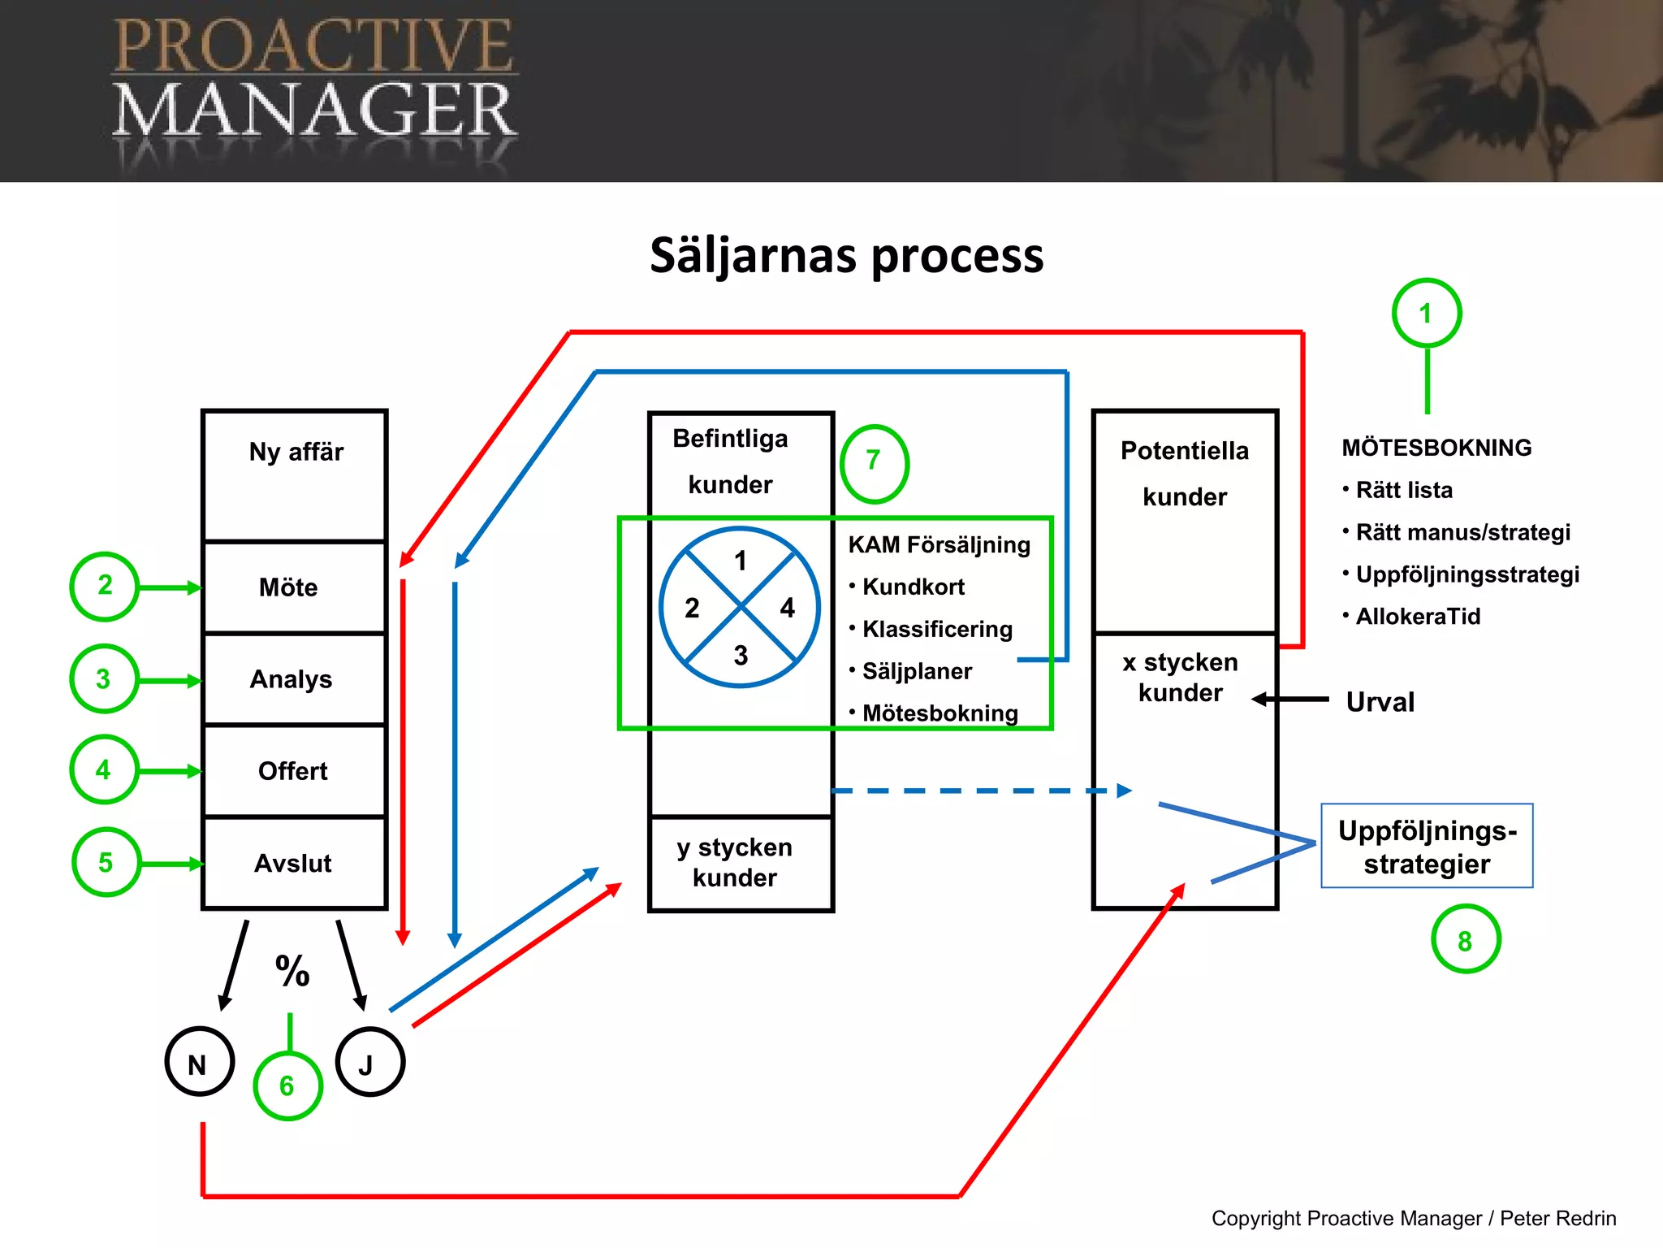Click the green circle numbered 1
tap(1427, 314)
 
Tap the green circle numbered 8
tap(1466, 939)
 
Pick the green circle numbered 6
tap(287, 1085)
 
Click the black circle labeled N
tap(199, 1062)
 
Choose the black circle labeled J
tap(369, 1062)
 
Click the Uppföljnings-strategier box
tap(1427, 847)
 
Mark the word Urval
tap(1380, 702)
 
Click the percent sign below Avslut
tap(292, 971)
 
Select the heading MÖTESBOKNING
tap(1436, 448)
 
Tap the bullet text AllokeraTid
tap(1418, 617)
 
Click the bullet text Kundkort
tap(913, 587)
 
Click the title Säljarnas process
tap(846, 255)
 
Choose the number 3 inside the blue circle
tap(741, 655)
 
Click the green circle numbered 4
tap(104, 769)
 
